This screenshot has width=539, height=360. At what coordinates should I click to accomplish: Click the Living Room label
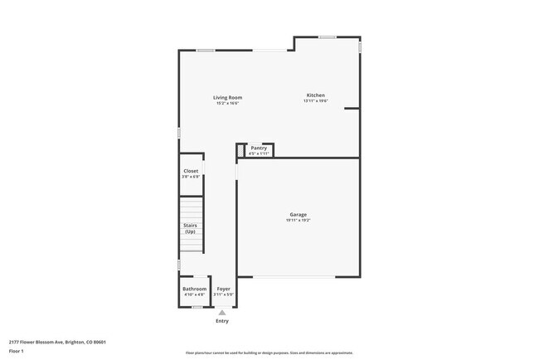(x=227, y=98)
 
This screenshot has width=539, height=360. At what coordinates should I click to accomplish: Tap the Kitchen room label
(x=315, y=95)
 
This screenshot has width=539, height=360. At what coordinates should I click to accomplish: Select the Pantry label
(x=259, y=148)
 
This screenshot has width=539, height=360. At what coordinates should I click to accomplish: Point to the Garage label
(x=298, y=215)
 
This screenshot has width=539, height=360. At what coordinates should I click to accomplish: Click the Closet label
(x=191, y=171)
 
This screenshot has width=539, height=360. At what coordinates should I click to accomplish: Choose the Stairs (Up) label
(x=190, y=228)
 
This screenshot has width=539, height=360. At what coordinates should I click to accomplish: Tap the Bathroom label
(x=194, y=289)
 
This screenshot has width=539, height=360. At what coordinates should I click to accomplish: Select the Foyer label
(x=223, y=289)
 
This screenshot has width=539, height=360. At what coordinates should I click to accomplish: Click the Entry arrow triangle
(x=221, y=313)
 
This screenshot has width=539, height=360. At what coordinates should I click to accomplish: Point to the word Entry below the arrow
(x=221, y=321)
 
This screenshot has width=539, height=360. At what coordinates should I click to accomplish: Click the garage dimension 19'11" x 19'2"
(x=298, y=221)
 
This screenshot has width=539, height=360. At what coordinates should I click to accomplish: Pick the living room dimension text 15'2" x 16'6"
(x=227, y=104)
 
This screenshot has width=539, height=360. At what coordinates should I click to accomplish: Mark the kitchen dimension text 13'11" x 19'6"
(x=315, y=101)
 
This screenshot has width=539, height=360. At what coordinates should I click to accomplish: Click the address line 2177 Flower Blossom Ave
(x=57, y=342)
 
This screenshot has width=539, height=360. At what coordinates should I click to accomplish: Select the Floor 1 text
(x=17, y=351)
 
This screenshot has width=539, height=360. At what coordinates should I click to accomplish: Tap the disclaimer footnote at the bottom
(x=269, y=353)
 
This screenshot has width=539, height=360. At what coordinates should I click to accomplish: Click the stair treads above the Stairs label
(x=192, y=207)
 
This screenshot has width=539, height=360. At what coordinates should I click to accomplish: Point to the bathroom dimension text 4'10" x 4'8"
(x=194, y=294)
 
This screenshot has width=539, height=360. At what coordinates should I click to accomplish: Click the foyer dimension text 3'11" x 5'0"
(x=223, y=294)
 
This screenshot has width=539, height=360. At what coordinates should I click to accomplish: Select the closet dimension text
(x=191, y=177)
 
